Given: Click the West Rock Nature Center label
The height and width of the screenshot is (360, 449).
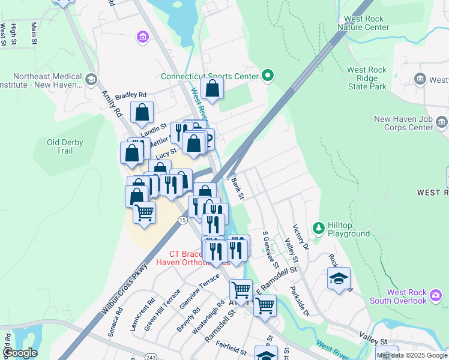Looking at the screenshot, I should [363, 23].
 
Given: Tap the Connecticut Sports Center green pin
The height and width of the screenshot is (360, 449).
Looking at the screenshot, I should [268, 76].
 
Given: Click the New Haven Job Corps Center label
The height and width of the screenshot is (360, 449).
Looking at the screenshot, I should [403, 123].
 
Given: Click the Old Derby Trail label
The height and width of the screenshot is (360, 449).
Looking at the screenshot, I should [65, 146].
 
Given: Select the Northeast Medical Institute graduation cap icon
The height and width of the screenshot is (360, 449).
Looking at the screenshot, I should [91, 79].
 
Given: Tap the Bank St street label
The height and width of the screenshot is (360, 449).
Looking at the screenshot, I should [238, 188].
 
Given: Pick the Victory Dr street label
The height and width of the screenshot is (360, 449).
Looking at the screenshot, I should [300, 238].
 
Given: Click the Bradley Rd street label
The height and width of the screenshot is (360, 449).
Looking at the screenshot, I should [131, 95].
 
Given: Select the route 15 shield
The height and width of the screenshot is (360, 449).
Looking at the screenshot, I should [182, 221].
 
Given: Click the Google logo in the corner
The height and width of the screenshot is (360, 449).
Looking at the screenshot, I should [20, 353].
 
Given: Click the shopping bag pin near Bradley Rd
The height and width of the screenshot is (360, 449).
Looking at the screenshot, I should [142, 112].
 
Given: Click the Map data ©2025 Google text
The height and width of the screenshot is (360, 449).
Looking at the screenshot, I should [412, 355].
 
